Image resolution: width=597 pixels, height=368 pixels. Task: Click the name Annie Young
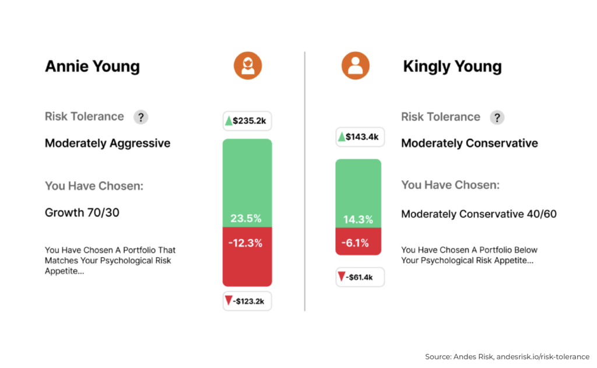point(92,66)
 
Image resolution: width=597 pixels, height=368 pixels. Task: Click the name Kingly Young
point(452,66)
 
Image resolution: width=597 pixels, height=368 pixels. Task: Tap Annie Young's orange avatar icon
point(248,65)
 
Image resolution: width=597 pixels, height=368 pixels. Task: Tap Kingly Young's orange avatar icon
point(356,65)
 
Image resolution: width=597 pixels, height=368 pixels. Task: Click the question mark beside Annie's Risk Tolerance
point(141,117)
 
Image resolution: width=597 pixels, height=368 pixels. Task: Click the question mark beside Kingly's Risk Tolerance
point(497,117)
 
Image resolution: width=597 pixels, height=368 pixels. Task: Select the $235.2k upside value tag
point(247,121)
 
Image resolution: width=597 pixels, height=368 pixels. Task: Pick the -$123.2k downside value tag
point(247,301)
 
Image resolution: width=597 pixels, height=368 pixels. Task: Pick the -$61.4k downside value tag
point(360,277)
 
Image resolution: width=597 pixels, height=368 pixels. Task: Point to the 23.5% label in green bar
point(246,219)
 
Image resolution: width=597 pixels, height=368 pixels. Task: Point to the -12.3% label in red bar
point(246,243)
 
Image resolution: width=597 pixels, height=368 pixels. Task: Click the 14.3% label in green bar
point(357,220)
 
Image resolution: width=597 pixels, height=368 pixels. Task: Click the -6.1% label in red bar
point(357,243)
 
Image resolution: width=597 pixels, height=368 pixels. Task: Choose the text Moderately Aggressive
point(107,143)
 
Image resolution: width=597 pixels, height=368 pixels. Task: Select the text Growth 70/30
point(82,213)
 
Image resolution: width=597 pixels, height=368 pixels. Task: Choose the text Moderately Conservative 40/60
point(479,214)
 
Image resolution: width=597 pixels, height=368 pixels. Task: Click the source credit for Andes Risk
point(507,356)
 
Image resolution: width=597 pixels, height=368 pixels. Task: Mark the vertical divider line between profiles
point(304,181)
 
